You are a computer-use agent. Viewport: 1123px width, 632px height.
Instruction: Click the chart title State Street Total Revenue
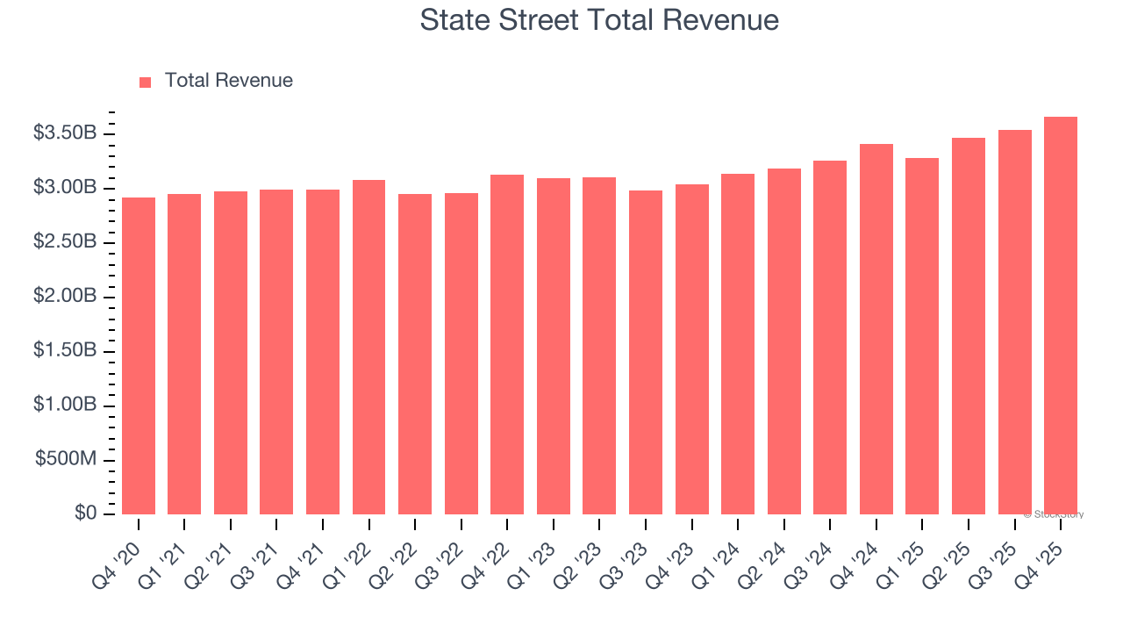tap(599, 20)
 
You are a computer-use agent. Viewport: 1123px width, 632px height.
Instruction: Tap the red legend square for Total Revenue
tap(145, 82)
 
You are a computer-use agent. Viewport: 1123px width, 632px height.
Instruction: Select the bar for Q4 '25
tap(1060, 316)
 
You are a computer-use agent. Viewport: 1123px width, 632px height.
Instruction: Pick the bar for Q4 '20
tap(139, 355)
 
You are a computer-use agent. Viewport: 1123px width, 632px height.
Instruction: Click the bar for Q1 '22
tap(368, 347)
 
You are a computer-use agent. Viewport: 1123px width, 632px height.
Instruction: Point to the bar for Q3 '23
tap(645, 352)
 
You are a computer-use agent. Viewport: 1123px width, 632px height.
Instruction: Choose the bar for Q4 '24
tap(876, 329)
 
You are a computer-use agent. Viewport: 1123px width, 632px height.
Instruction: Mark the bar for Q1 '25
tap(922, 336)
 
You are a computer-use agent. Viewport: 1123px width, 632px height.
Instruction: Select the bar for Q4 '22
tap(507, 344)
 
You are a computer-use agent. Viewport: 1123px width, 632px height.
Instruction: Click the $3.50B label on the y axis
tap(65, 133)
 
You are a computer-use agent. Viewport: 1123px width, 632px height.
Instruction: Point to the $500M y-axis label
tap(66, 460)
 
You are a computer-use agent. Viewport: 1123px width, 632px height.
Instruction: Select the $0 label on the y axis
tap(85, 513)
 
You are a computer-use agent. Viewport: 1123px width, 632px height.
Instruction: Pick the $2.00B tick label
tap(65, 297)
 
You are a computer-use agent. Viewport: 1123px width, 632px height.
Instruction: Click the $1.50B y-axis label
tap(65, 351)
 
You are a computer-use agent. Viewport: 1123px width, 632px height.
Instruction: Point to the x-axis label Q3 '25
tap(994, 557)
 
